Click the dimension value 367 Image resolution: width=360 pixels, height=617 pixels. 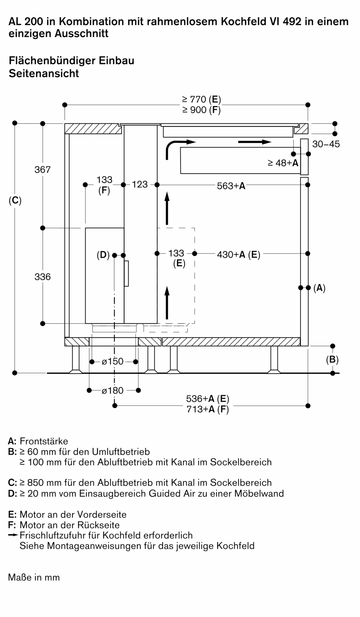point(42,169)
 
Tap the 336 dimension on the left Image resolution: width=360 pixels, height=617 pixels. point(42,277)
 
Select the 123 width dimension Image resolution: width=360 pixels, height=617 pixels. point(140,184)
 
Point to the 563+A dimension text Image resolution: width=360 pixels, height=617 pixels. point(231,186)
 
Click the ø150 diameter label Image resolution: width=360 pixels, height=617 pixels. point(113,361)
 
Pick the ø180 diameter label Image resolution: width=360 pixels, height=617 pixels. point(113,391)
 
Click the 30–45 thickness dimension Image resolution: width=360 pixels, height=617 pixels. point(326,144)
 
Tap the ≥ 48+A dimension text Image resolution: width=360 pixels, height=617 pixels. point(283,163)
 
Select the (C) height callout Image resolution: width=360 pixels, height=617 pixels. point(15,201)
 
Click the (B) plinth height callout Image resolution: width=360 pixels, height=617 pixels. point(332,360)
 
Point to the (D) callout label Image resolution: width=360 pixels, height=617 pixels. point(103,255)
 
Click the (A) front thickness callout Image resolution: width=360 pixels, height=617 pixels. point(319,288)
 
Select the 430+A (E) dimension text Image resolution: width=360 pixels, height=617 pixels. point(238,255)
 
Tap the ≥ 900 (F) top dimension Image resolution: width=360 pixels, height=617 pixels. point(201,110)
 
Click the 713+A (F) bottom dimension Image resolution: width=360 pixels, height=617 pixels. point(208,409)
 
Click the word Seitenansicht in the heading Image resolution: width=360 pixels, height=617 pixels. point(44,73)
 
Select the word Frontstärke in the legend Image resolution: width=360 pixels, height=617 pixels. point(44,441)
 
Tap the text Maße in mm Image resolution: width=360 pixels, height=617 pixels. point(34,577)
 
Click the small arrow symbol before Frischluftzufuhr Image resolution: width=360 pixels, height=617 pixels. point(13,535)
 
